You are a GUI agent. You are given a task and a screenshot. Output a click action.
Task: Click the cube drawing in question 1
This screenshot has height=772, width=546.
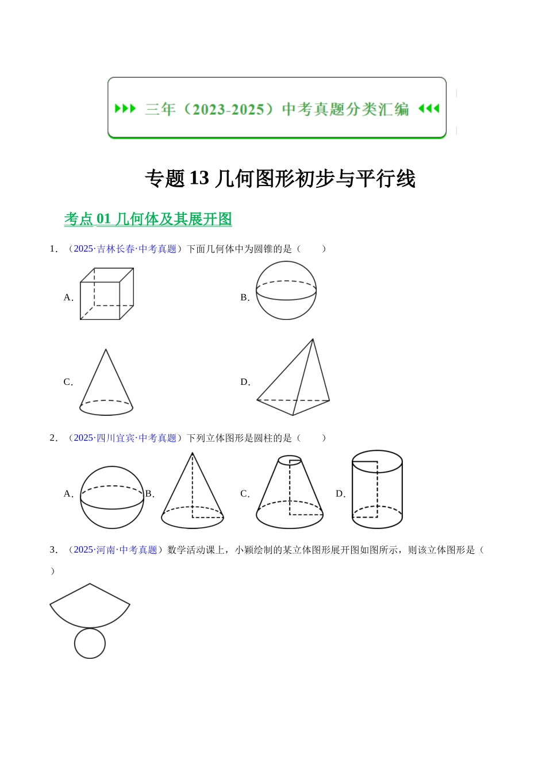tap(107, 294)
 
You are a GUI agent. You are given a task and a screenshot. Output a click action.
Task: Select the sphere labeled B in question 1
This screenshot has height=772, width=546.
tap(286, 291)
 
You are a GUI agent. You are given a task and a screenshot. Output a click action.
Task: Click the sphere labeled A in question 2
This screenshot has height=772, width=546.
tap(112, 497)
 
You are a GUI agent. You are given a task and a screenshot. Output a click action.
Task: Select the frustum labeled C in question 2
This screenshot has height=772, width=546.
tap(290, 494)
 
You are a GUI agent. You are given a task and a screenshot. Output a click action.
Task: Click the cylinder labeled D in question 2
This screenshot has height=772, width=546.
tap(377, 489)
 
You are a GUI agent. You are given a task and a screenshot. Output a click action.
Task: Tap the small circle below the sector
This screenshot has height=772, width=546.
tap(90, 643)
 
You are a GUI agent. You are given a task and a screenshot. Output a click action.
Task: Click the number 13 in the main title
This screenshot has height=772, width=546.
tap(199, 179)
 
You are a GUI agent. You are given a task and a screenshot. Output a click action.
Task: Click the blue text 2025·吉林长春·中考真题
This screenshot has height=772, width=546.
tap(125, 249)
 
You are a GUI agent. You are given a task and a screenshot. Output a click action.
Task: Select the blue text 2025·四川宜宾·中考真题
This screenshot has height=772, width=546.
tap(125, 438)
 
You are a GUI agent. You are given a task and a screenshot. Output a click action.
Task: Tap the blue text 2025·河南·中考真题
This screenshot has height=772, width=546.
tap(116, 550)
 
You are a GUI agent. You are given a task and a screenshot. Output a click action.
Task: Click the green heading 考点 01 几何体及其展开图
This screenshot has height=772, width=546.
tap(148, 219)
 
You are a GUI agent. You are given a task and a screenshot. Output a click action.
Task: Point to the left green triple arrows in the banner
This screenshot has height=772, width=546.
tap(125, 109)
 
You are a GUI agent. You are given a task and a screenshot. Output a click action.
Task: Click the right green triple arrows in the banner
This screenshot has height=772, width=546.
tap(429, 109)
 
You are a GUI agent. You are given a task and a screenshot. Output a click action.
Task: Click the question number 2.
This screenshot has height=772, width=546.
tap(53, 438)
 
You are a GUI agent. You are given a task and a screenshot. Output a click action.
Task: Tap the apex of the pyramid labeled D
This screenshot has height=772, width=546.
tap(313, 339)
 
